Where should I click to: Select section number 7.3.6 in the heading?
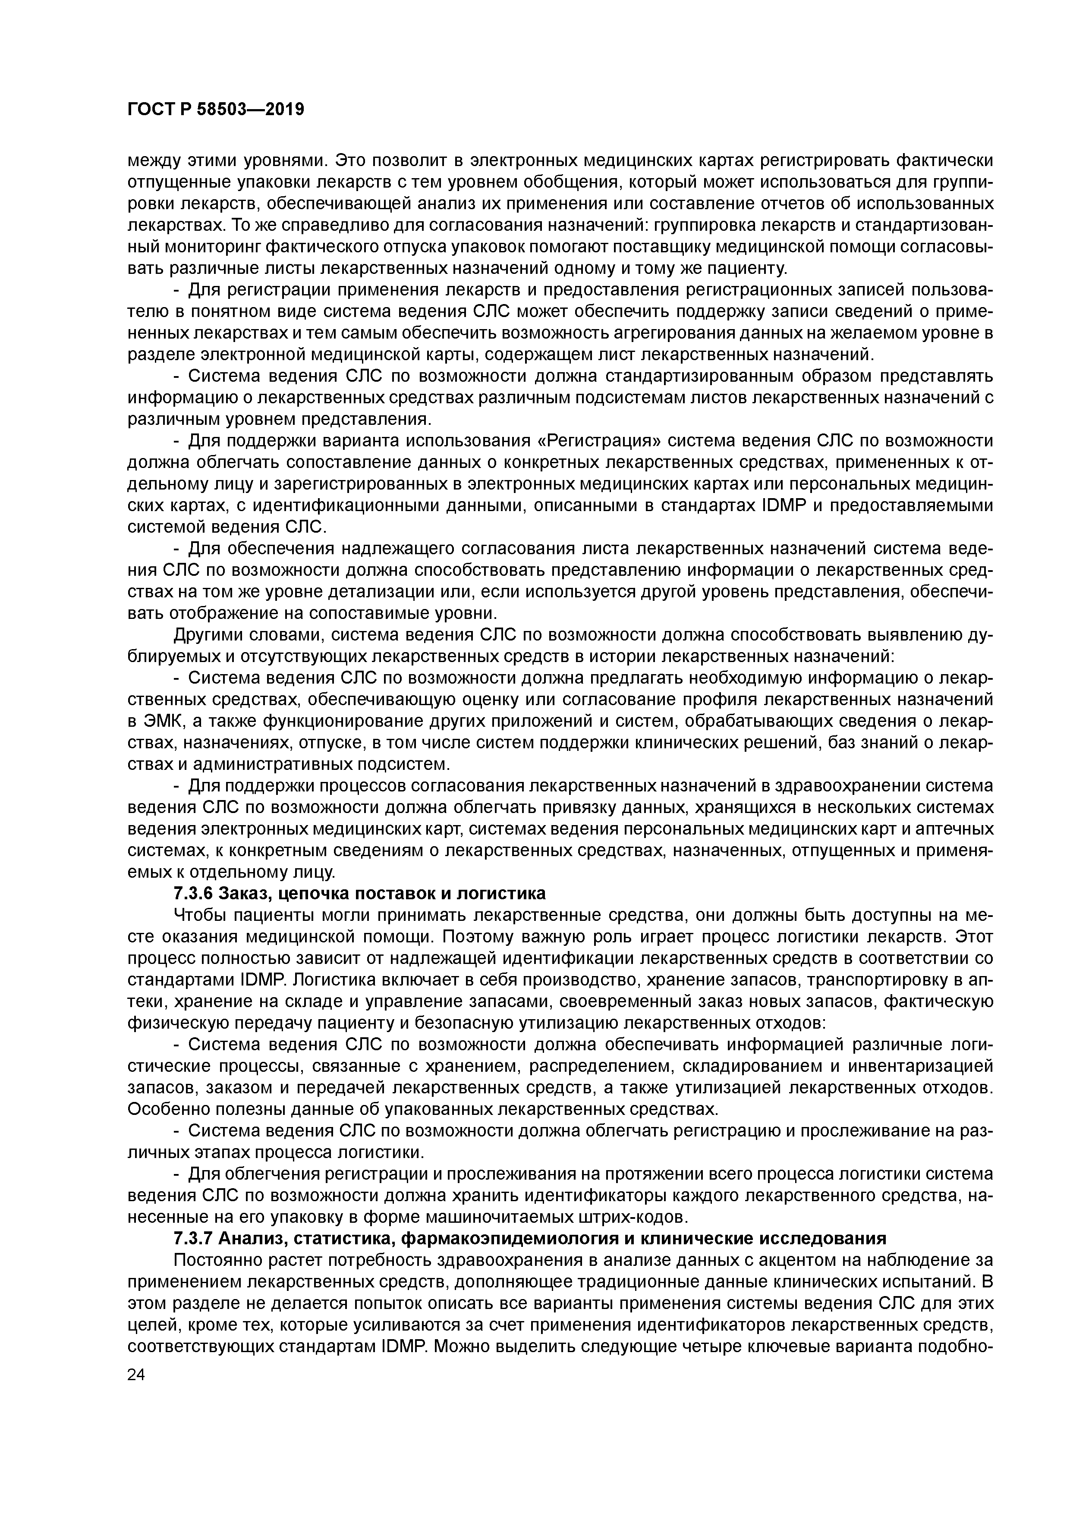coord(194,894)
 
